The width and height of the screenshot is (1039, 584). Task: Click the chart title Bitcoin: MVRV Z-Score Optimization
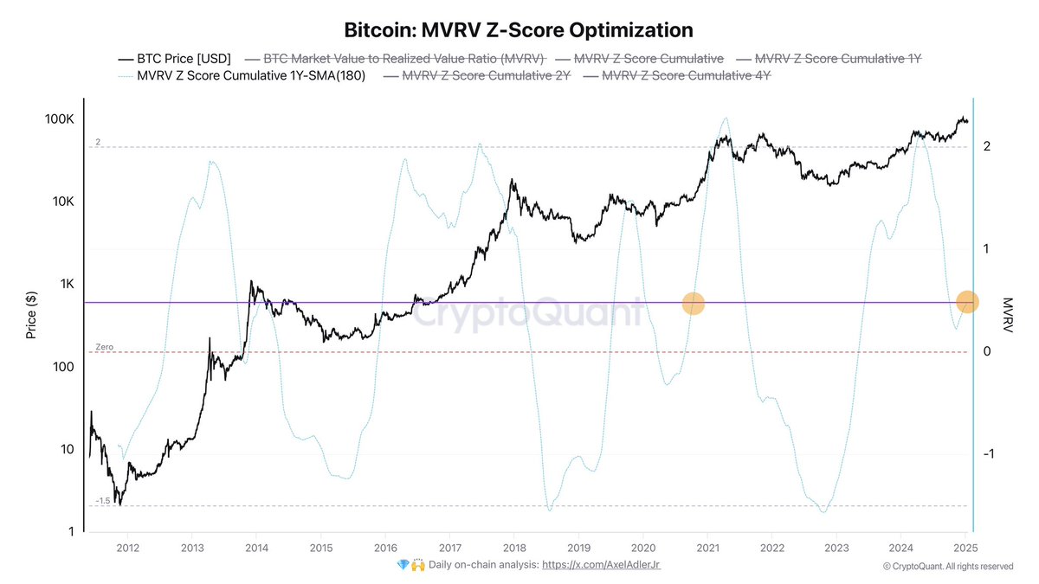(519, 30)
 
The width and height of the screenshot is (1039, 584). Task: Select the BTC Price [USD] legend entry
(174, 59)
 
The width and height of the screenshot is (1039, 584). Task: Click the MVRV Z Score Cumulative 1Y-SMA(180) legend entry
(242, 76)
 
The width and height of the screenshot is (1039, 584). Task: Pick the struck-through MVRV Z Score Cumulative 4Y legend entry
(678, 76)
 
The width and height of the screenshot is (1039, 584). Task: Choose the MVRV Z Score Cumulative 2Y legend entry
(478, 76)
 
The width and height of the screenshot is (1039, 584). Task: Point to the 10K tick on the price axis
(60, 202)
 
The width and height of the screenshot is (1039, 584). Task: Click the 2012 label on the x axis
(128, 547)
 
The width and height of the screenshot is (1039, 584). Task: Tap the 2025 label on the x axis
(965, 547)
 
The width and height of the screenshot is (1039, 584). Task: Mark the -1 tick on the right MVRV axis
(992, 454)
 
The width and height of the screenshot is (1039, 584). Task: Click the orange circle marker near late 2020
(694, 303)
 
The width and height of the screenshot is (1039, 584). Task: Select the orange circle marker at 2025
(968, 302)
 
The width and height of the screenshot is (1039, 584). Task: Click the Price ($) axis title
(32, 314)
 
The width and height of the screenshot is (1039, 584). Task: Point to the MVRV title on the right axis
(1007, 314)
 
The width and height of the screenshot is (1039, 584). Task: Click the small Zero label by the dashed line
(104, 347)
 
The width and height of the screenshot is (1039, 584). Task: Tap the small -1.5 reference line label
(102, 501)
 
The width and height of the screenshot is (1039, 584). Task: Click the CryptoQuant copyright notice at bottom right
(947, 567)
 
